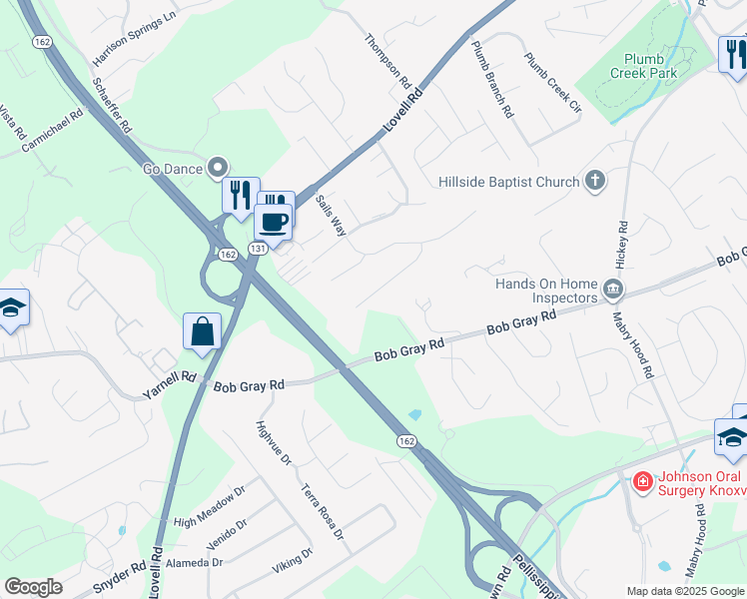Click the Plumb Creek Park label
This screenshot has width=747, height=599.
650,66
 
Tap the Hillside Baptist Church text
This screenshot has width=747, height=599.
509,182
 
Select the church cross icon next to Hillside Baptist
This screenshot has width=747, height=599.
595,181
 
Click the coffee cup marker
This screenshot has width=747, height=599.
273,222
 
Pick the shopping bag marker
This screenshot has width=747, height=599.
202,330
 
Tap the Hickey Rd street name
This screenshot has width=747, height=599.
622,246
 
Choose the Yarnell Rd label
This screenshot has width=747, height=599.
169,382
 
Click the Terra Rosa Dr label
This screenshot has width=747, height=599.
322,512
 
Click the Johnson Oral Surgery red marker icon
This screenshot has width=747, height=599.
643,481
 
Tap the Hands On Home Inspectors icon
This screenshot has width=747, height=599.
614,292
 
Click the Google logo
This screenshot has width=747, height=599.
34,587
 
